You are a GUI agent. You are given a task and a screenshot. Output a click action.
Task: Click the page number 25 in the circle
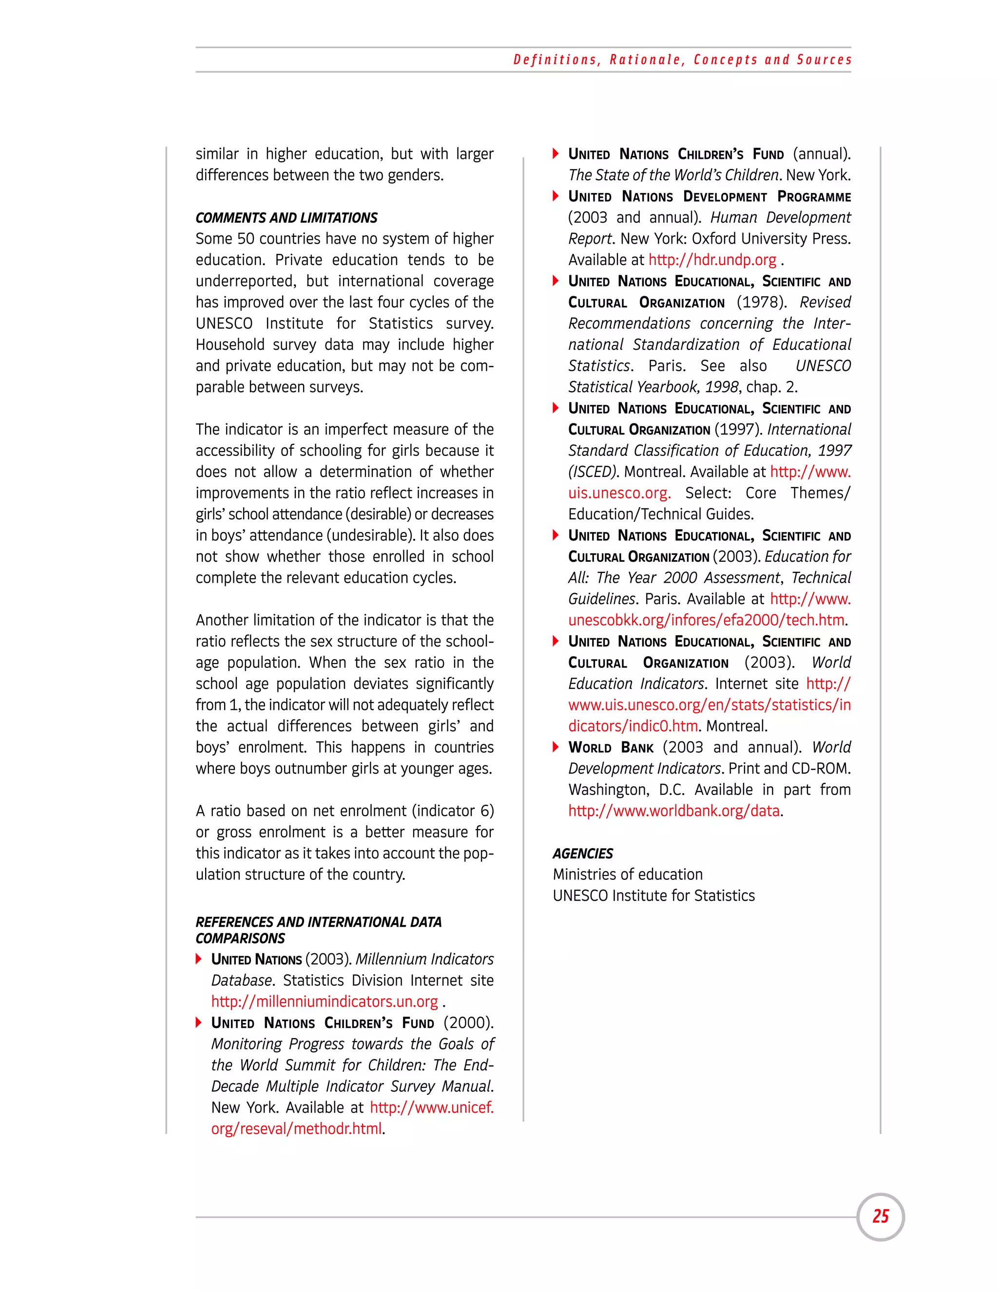point(881,1216)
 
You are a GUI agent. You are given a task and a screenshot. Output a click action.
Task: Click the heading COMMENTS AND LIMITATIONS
point(286,218)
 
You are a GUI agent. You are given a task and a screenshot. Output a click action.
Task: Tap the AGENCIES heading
point(582,853)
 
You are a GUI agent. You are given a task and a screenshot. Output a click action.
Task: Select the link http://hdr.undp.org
point(712,260)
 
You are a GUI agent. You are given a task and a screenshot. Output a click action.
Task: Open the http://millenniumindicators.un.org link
point(325,1001)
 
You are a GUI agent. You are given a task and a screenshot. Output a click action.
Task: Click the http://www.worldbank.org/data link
point(673,811)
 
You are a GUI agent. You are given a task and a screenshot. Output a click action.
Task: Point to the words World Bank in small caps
point(611,748)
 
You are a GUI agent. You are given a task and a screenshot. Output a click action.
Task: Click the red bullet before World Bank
point(555,747)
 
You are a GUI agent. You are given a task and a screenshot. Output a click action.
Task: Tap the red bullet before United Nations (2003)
point(199,959)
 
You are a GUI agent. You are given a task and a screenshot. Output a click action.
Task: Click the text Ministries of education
point(627,874)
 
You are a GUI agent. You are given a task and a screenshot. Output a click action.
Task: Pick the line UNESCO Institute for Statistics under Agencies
point(653,895)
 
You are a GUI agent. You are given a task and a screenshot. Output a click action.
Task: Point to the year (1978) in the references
point(762,303)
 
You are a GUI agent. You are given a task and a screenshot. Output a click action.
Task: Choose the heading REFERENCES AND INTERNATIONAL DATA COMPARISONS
point(318,930)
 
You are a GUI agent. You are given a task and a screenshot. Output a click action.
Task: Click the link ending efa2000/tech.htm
point(706,620)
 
